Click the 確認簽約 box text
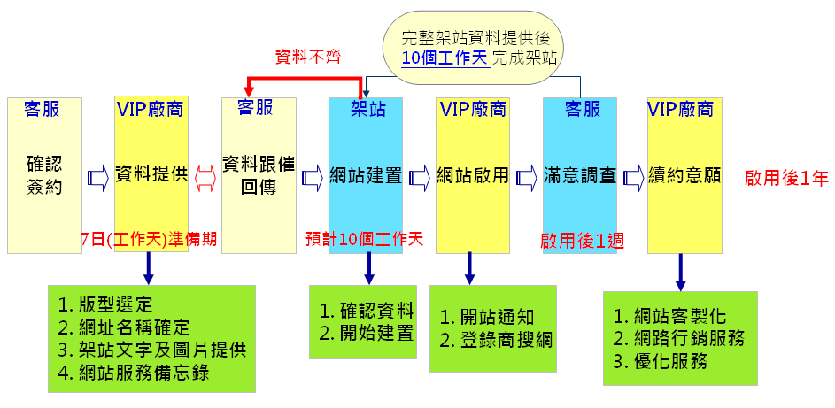tap(44, 175)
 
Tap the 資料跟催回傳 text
tap(259, 175)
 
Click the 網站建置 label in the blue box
tap(366, 175)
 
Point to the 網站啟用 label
tap(473, 175)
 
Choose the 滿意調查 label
tap(580, 175)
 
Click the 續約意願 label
tap(684, 175)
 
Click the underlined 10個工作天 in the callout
tap(444, 58)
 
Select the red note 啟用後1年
tap(787, 177)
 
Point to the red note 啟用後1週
tap(582, 239)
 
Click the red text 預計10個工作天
tap(364, 239)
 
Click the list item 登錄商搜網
tap(496, 339)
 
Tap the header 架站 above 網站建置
tap(366, 109)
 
